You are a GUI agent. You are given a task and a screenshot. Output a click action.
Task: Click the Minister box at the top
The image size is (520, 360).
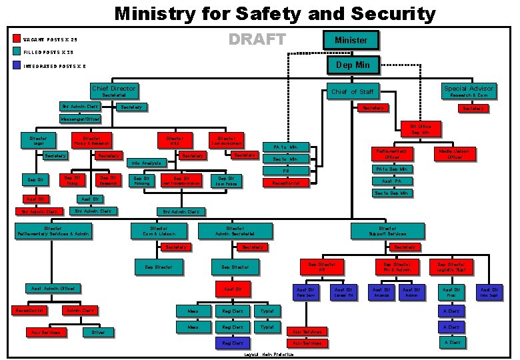point(351,40)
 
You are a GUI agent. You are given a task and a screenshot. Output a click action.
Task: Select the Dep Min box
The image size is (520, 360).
point(353,65)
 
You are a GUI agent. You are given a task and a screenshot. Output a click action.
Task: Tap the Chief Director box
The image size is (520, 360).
point(113,90)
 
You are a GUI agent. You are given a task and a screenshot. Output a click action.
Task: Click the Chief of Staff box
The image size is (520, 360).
point(352,91)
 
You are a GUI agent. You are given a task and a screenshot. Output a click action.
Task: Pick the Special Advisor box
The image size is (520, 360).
point(469,90)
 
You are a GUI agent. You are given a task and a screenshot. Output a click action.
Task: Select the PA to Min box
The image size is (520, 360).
point(285,146)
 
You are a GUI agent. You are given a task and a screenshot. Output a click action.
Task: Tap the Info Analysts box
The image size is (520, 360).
point(146,163)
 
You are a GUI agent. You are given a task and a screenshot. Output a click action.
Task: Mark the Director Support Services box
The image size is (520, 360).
point(387,231)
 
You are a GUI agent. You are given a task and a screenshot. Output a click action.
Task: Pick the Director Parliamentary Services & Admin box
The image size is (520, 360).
point(53,231)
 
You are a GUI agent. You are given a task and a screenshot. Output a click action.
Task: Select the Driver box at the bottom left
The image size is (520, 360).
point(97,331)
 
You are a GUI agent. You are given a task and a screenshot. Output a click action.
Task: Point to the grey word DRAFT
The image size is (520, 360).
point(257,39)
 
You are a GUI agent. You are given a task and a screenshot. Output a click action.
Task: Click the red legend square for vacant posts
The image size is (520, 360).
point(17,39)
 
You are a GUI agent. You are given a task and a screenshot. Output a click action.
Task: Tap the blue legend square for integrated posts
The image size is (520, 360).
point(17,65)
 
